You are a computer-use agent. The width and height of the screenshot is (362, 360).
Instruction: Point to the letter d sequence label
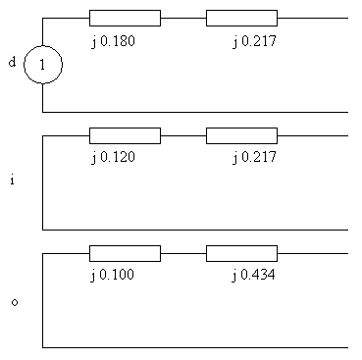coord(12,62)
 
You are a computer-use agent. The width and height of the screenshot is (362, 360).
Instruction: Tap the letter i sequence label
coord(12,180)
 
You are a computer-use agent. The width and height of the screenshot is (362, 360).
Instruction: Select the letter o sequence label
coord(15,302)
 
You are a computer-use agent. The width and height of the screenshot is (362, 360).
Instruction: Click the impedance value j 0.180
coord(113,41)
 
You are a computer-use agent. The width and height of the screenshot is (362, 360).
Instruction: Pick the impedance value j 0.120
coord(113,158)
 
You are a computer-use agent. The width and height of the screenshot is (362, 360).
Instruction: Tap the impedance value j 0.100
coord(113,275)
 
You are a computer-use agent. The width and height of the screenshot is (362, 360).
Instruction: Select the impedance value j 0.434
coord(254,275)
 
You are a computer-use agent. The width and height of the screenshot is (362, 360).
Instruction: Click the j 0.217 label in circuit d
coord(254,41)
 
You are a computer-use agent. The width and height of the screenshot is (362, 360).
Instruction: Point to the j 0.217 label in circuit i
coord(254,158)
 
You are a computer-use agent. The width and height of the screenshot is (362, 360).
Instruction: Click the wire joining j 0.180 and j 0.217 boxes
coord(183,18)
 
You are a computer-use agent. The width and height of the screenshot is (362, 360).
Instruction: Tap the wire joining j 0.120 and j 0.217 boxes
coord(183,135)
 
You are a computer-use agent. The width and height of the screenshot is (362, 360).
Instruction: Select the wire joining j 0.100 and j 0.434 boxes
coord(183,253)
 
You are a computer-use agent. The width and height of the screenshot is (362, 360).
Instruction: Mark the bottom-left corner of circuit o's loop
coord(42,347)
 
